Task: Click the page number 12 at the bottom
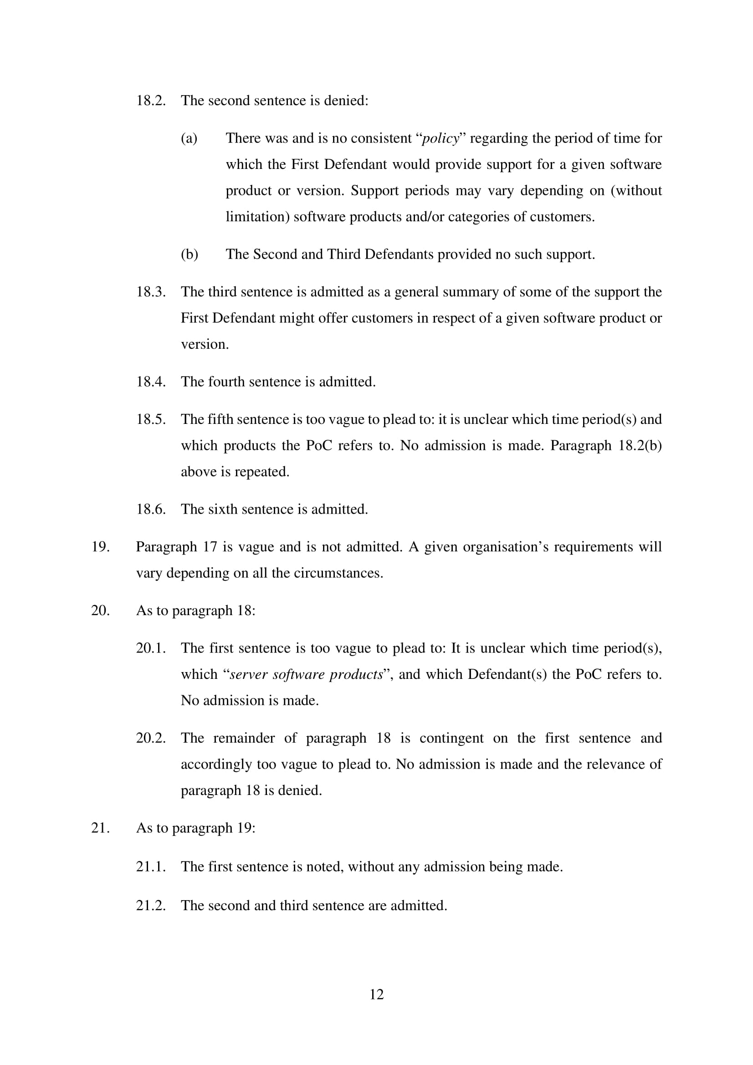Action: click(x=376, y=994)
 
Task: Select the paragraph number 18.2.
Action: click(x=151, y=101)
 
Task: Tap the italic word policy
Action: click(x=441, y=138)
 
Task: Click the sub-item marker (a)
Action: click(x=189, y=138)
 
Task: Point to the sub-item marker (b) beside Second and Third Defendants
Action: click(x=190, y=254)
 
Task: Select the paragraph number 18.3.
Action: click(x=151, y=292)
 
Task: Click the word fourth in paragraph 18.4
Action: click(x=226, y=382)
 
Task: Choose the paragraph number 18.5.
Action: click(x=151, y=419)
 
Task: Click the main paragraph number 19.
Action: click(x=100, y=547)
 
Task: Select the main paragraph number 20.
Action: click(x=100, y=611)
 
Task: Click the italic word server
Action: click(x=249, y=674)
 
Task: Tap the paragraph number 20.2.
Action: click(x=151, y=738)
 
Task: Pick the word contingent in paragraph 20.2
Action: click(x=451, y=738)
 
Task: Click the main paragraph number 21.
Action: click(x=100, y=828)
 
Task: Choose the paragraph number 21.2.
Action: click(x=151, y=906)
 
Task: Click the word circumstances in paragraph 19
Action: click(x=342, y=573)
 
